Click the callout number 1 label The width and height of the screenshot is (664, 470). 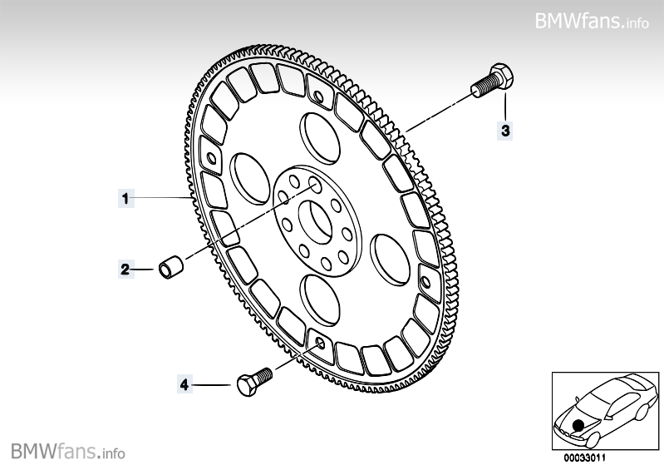point(125,198)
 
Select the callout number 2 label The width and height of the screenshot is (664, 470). point(125,269)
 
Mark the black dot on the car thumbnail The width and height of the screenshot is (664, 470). point(578,426)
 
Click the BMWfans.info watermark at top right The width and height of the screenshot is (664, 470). point(592,20)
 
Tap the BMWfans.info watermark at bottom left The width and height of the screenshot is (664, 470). point(68,452)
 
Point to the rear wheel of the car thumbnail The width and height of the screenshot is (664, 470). point(642,413)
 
